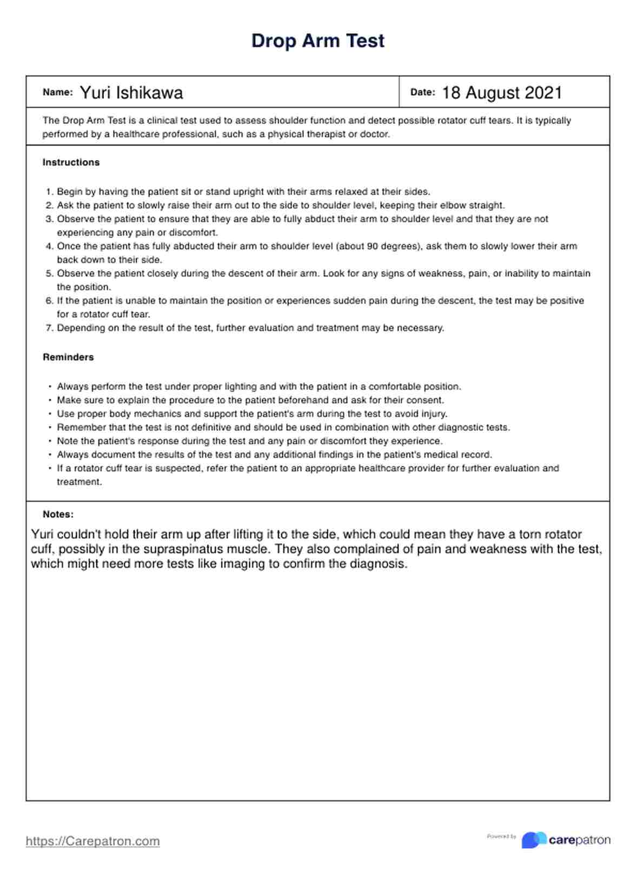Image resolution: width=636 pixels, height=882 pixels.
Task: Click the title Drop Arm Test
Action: (317, 41)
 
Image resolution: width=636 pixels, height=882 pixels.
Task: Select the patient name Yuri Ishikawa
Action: (131, 93)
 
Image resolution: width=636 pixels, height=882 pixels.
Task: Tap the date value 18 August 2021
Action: (502, 93)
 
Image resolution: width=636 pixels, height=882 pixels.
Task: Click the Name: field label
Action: (57, 93)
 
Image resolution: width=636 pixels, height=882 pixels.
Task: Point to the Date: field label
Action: (422, 93)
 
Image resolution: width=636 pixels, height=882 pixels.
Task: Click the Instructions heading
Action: (71, 162)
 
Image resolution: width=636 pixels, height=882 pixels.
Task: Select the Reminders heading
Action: (68, 357)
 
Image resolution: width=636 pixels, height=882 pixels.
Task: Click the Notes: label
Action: (58, 515)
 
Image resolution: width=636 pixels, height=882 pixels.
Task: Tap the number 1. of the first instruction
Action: (49, 192)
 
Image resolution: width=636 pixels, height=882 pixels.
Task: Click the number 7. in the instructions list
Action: (49, 328)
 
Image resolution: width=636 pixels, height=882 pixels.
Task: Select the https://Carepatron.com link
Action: (92, 841)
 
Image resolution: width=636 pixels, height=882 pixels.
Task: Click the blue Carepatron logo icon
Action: (533, 840)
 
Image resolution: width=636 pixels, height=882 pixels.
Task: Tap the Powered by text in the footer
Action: (501, 837)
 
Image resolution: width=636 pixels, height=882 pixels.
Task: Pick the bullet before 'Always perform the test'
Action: (50, 387)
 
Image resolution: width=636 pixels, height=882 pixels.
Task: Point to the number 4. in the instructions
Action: (49, 246)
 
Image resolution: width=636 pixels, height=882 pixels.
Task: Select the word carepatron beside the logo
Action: (579, 840)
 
